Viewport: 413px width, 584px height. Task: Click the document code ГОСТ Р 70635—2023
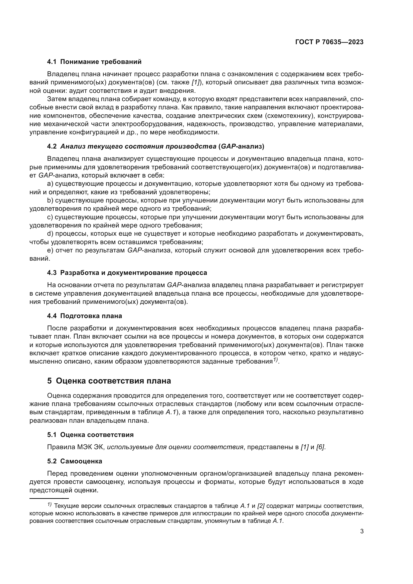329,42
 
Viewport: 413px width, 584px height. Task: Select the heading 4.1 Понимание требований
94,62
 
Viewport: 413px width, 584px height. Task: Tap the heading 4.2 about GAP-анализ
156,147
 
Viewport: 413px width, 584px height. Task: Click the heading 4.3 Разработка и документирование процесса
127,273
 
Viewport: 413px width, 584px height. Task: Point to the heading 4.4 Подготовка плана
84,316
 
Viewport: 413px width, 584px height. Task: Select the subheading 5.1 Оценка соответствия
90,435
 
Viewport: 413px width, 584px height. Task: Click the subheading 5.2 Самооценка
74,461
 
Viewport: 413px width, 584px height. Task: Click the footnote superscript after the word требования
275,360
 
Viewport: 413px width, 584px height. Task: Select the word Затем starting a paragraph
57,99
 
